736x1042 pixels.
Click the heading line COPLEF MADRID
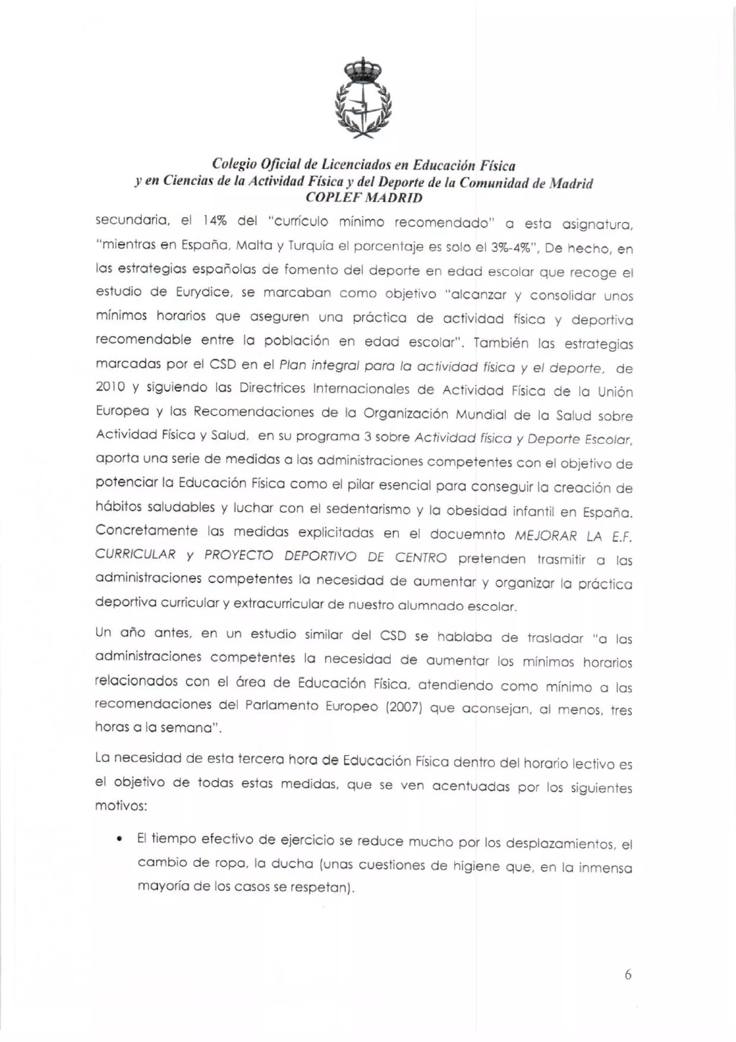pyautogui.click(x=364, y=198)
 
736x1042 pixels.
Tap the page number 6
pyautogui.click(x=627, y=975)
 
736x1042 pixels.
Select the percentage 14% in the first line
pyautogui.click(x=215, y=221)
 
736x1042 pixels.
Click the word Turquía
pyautogui.click(x=308, y=246)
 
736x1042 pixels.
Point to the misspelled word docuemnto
pyautogui.click(x=468, y=535)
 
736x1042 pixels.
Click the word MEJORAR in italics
pyautogui.click(x=546, y=536)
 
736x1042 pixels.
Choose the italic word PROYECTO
pyautogui.click(x=239, y=556)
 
